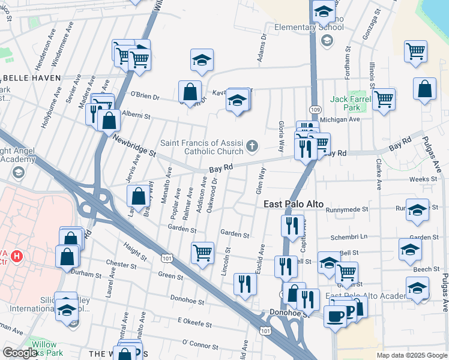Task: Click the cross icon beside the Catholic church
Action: tap(253, 145)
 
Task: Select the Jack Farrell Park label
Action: tap(348, 103)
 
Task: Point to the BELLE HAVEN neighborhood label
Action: tap(31, 78)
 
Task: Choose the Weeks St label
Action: tap(423, 179)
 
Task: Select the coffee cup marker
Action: tap(335, 315)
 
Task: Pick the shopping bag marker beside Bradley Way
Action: tap(138, 195)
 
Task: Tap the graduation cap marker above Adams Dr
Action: tap(202, 60)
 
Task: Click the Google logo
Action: tap(20, 353)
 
